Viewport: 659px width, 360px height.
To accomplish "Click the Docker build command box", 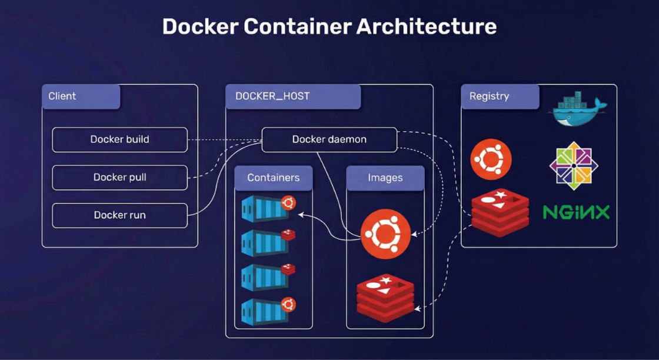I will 119,139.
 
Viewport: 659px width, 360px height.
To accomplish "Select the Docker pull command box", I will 119,177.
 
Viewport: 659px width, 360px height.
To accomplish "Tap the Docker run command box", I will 119,215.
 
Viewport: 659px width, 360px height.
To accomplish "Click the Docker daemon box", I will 329,139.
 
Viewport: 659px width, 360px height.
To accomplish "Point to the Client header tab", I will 81,96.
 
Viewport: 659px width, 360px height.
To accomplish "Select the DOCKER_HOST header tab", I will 292,96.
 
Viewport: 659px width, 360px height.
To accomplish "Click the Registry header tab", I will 500,96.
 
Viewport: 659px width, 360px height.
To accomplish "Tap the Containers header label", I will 273,178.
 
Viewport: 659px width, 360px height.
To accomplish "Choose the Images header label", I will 385,178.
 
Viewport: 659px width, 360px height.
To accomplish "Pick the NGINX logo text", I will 576,212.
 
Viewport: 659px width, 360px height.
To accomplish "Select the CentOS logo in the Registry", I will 574,165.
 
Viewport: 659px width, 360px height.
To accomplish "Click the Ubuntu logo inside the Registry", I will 491,159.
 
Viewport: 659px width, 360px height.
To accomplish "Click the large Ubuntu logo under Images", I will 385,234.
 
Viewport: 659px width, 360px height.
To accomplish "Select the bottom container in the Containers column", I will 265,311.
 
